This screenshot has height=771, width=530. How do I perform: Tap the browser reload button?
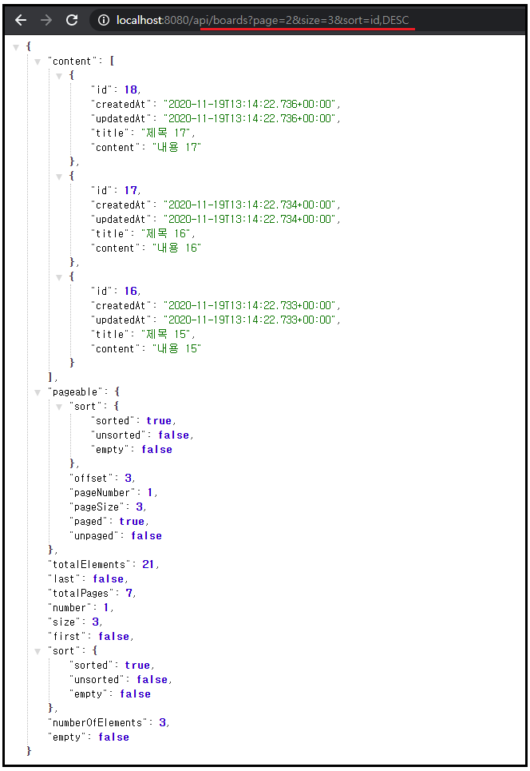pyautogui.click(x=72, y=20)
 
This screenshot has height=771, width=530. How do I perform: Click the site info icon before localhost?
pyautogui.click(x=104, y=20)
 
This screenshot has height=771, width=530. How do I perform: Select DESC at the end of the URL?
pyautogui.click(x=395, y=20)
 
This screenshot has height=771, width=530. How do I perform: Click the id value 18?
pyautogui.click(x=131, y=89)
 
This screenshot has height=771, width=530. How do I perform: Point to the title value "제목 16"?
pyautogui.click(x=166, y=233)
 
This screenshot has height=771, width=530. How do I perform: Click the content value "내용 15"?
pyautogui.click(x=176, y=348)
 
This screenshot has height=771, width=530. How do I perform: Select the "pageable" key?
pyautogui.click(x=73, y=391)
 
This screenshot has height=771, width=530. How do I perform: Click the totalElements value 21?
pyautogui.click(x=148, y=564)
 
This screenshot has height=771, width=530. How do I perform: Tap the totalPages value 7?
pyautogui.click(x=129, y=593)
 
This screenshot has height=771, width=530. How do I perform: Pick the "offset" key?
pyautogui.click(x=90, y=478)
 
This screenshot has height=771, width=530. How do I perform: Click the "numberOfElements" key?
pyautogui.click(x=99, y=722)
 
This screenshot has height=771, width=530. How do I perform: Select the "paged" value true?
pyautogui.click(x=132, y=521)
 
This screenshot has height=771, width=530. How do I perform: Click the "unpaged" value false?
pyautogui.click(x=146, y=535)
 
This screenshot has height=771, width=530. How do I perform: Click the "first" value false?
pyautogui.click(x=113, y=636)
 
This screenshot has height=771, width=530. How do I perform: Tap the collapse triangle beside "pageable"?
pyautogui.click(x=38, y=391)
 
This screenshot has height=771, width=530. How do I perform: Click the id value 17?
pyautogui.click(x=131, y=190)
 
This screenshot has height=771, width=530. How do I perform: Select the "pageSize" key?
pyautogui.click(x=97, y=507)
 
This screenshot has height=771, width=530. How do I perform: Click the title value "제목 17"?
pyautogui.click(x=166, y=133)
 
